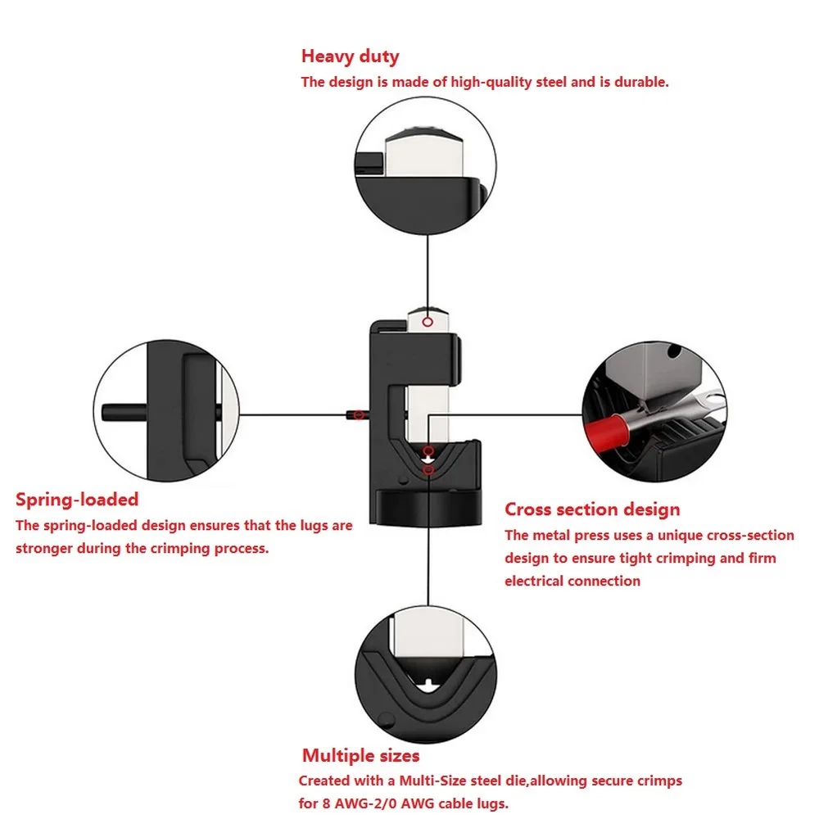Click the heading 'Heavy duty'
coord(350,57)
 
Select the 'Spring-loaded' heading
coord(77,500)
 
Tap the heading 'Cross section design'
coord(592,509)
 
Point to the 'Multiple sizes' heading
coord(361,755)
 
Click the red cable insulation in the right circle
coord(607,431)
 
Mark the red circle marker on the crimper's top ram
coord(428,322)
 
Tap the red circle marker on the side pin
coord(359,414)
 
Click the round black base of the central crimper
coord(428,507)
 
